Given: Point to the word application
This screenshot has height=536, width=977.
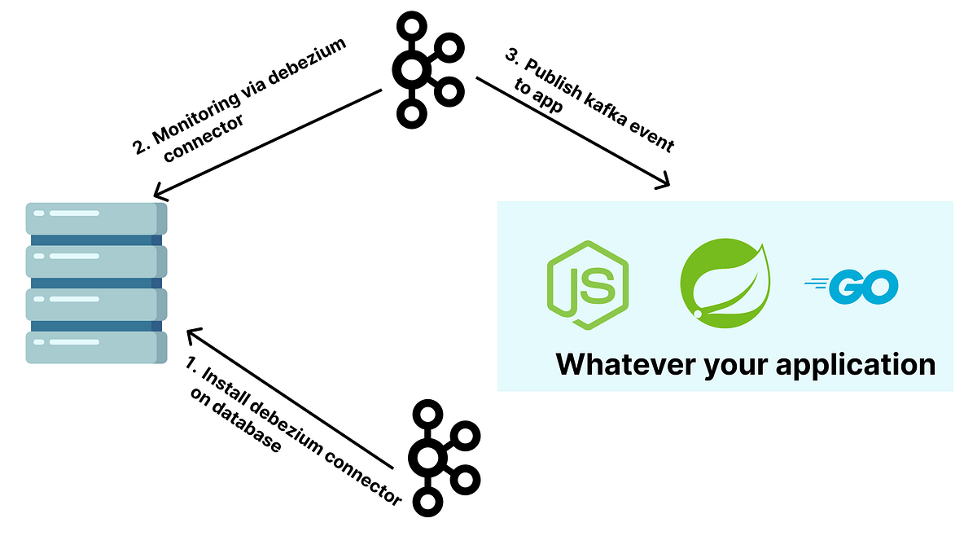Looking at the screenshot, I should (x=855, y=365).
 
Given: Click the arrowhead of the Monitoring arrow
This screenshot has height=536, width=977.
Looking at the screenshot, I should (x=160, y=194).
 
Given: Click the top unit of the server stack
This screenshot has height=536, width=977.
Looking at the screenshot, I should (x=96, y=218).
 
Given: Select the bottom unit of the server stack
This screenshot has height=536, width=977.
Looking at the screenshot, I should (x=96, y=347).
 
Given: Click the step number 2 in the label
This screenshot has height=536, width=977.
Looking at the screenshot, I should (x=139, y=147).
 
